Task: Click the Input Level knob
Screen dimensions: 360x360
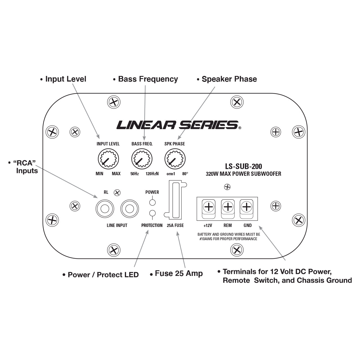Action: click(108, 159)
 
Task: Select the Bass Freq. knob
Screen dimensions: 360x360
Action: click(142, 159)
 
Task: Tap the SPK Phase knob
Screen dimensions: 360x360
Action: click(175, 159)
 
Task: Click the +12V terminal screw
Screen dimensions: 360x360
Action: click(209, 207)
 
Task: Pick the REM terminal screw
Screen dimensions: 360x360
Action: click(228, 207)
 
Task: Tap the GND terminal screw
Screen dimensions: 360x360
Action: click(247, 207)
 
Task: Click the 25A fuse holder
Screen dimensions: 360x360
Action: click(175, 200)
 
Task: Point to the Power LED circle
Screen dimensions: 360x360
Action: click(152, 202)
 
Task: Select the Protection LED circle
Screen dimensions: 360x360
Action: click(152, 213)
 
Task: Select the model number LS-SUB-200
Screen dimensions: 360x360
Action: click(244, 166)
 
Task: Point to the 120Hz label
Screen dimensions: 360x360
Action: click(152, 174)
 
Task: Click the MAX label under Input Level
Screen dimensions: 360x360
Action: click(116, 174)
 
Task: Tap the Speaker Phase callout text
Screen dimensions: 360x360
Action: click(229, 79)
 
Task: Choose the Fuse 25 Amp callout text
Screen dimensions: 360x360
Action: click(179, 274)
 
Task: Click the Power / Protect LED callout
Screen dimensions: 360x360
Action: click(103, 275)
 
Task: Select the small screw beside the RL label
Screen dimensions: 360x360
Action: click(118, 193)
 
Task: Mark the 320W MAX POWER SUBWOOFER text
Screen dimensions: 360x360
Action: click(244, 174)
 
